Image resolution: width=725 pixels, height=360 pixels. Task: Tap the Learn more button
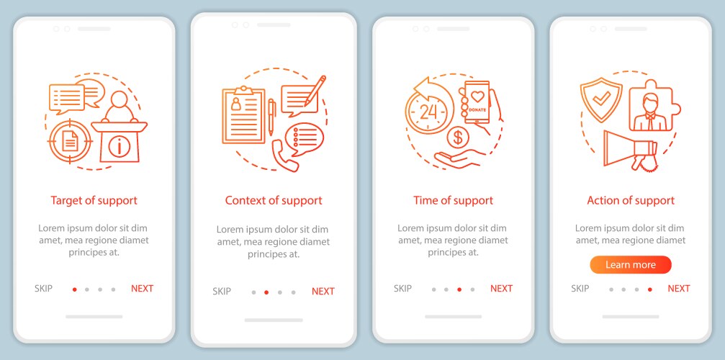tap(631, 265)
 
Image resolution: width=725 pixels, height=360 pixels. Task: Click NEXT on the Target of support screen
tap(142, 289)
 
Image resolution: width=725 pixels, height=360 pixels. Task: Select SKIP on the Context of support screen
tap(222, 291)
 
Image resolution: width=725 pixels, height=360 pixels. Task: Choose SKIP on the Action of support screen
tap(580, 289)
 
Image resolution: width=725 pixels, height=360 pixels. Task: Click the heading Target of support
tap(94, 201)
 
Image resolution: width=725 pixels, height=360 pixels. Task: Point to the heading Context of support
tap(274, 201)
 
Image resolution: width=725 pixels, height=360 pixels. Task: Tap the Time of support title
tap(453, 201)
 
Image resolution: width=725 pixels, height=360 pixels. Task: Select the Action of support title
tap(631, 201)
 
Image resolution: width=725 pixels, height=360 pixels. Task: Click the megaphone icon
tap(630, 150)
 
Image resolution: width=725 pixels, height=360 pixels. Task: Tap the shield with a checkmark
tap(602, 99)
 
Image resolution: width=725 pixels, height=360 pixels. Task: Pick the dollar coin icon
tap(458, 138)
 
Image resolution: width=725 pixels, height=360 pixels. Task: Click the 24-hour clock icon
tap(428, 107)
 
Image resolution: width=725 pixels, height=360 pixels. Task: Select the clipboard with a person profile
tap(243, 114)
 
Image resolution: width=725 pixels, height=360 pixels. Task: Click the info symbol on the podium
tap(120, 147)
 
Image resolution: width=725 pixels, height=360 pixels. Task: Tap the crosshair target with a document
tap(70, 141)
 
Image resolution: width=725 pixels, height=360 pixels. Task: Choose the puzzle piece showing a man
tap(654, 106)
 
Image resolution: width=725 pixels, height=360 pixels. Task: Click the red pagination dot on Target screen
tap(74, 289)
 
